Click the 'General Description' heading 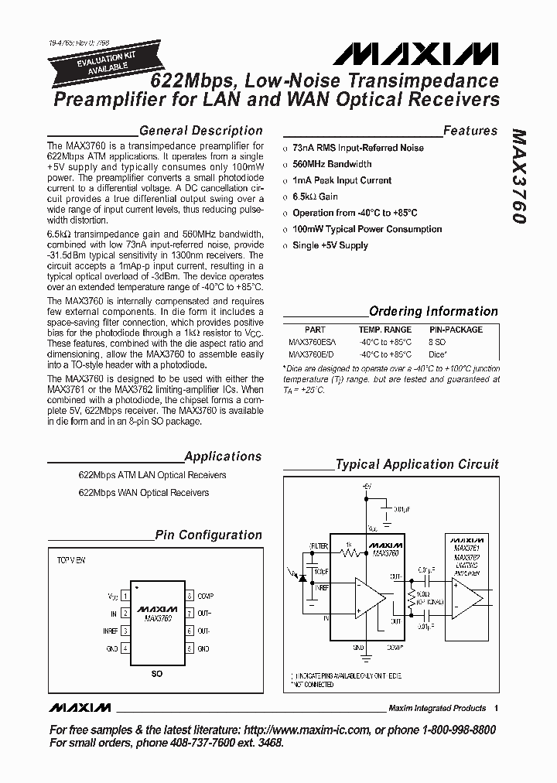(200, 131)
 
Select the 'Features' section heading (470, 131)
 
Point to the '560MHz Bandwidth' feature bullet (332, 164)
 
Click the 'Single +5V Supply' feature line (330, 245)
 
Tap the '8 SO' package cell (437, 341)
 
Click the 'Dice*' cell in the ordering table (438, 354)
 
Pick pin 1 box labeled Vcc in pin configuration (125, 597)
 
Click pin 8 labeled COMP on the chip (189, 597)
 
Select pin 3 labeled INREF (125, 631)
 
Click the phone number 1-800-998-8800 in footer (451, 730)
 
